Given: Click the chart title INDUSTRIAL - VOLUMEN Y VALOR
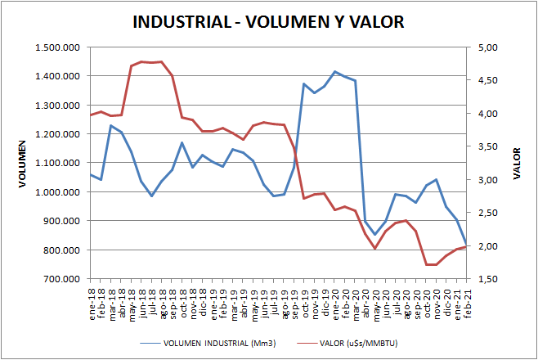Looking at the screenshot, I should pos(268,22).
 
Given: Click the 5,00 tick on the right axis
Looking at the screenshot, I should pos(488,47).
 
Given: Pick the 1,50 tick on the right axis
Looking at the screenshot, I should pos(488,279).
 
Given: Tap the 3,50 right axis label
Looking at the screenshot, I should pos(488,146).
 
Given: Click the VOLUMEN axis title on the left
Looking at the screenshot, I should pos(24,163).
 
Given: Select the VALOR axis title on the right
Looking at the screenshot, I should pos(517,163).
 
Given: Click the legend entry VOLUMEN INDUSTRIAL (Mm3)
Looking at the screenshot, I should pos(217,343).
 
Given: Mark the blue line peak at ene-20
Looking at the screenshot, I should pos(334,72).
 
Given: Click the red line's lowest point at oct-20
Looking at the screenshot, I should pos(426,264).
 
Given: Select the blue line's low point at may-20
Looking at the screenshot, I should pos(375,235).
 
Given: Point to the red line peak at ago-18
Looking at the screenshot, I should pos(161,61).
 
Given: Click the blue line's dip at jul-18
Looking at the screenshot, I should pos(151,196).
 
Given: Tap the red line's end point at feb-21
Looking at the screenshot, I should pos(466,246).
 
